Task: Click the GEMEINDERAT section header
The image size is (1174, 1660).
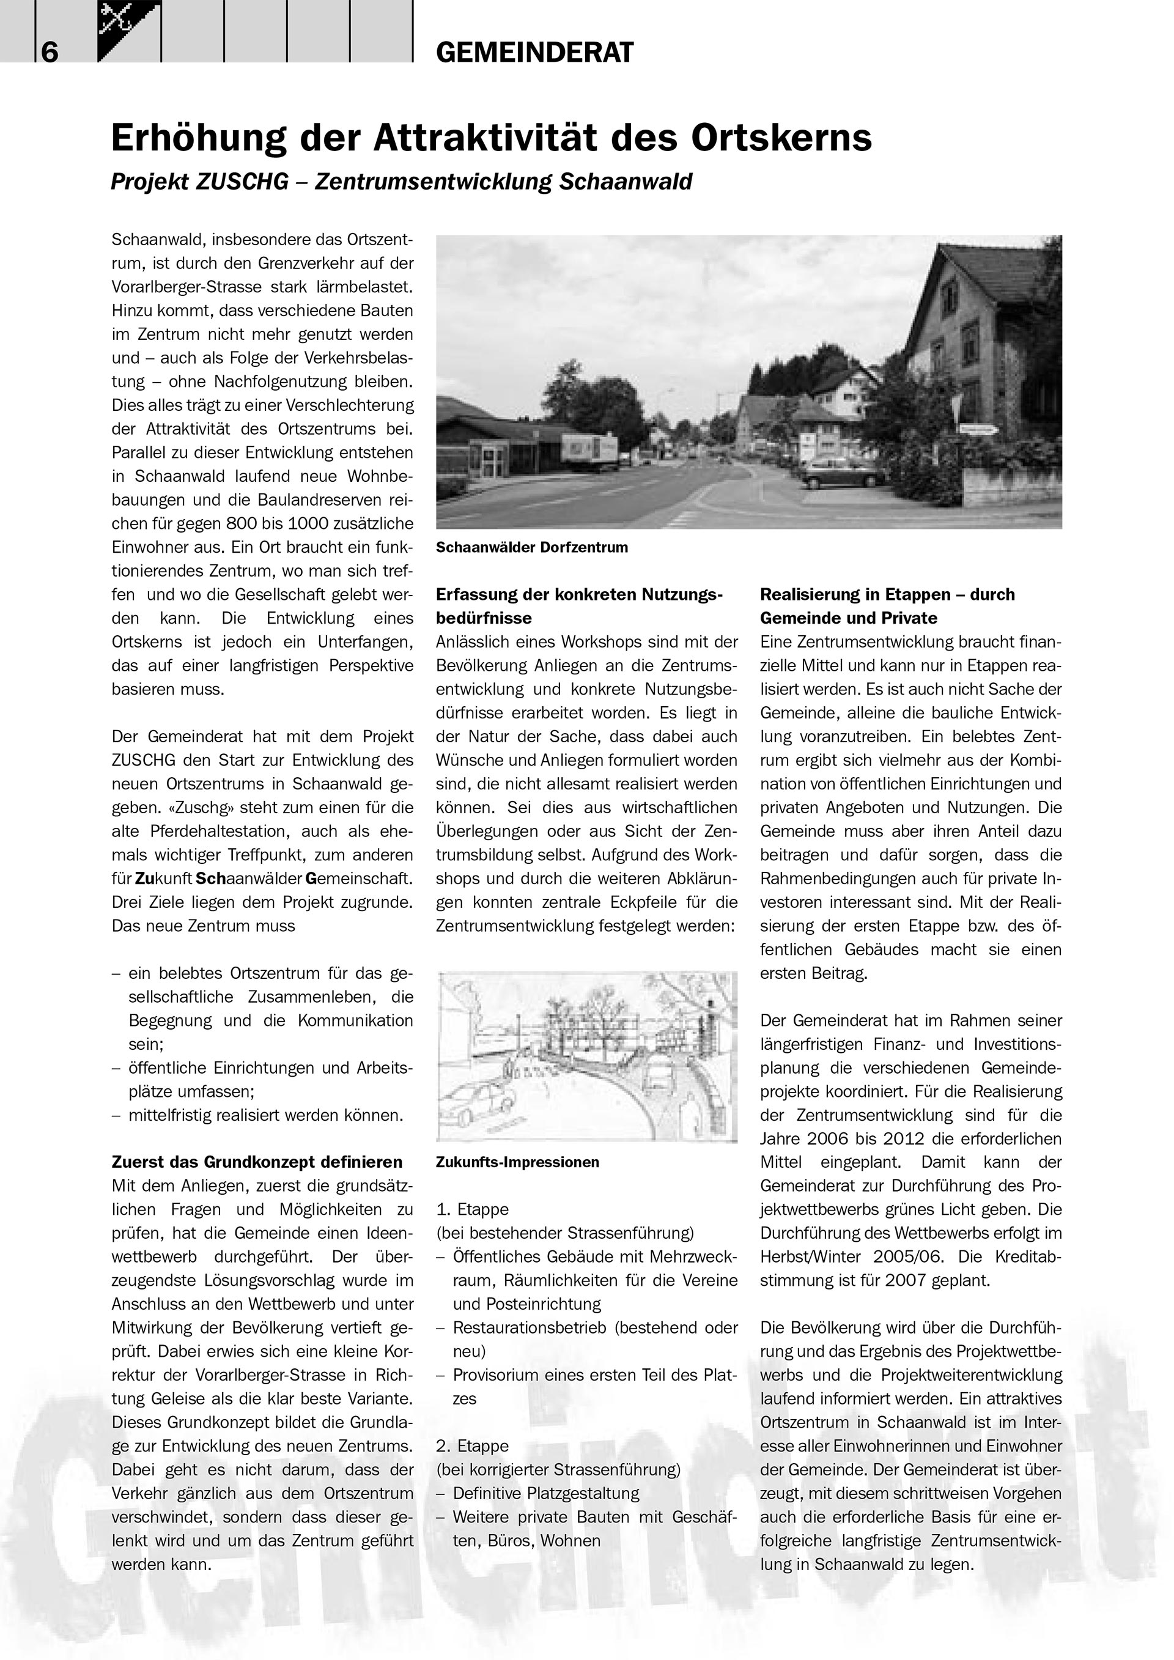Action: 535,53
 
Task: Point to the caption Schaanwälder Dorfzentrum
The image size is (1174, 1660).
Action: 531,547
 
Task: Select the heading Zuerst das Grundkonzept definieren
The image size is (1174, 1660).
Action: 257,1162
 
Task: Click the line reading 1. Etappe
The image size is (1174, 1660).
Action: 472,1209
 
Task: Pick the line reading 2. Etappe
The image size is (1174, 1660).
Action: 472,1446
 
